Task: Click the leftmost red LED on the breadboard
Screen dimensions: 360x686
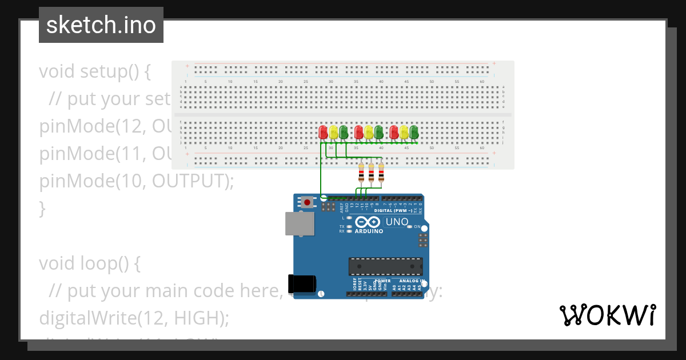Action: tap(323, 133)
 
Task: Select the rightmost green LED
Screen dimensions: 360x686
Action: tap(413, 133)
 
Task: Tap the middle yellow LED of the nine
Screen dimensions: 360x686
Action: tap(368, 133)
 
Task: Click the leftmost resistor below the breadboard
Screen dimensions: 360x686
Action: tap(361, 172)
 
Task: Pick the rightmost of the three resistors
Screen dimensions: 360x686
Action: tap(381, 172)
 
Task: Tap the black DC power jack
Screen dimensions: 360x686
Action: tap(302, 283)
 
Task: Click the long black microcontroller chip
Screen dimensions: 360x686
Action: tap(386, 266)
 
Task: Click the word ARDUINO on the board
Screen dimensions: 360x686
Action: tap(369, 231)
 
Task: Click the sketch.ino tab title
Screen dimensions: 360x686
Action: tap(101, 25)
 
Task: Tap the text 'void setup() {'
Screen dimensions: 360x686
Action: tap(95, 72)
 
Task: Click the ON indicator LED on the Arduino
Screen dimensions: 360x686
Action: tap(409, 227)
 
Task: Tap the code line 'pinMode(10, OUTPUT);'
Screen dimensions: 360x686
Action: tap(137, 181)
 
